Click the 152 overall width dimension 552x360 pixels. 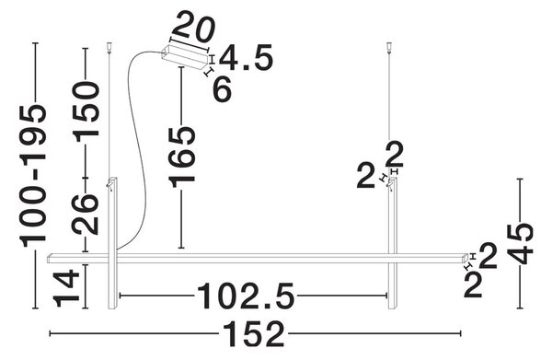(254, 334)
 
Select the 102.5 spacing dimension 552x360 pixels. (246, 296)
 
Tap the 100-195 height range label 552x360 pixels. (33, 177)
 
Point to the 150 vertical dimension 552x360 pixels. (86, 111)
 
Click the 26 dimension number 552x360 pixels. (86, 215)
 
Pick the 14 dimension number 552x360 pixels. (66, 287)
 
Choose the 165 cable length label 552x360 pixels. (181, 157)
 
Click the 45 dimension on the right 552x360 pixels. (521, 244)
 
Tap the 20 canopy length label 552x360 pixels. (193, 27)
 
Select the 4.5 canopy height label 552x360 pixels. (246, 57)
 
